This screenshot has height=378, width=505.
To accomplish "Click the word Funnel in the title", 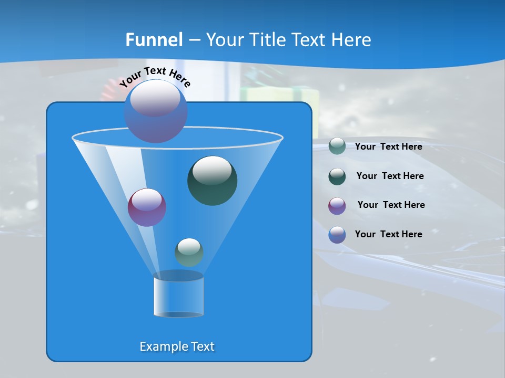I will point(154,40).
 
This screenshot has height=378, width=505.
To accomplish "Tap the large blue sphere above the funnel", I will point(156,111).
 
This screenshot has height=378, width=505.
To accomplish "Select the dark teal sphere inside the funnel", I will point(213,180).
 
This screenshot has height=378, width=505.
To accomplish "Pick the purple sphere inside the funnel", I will point(147,207).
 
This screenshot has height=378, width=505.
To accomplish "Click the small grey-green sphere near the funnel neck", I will point(189,252).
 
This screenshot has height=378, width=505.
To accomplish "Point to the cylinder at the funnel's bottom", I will point(178,295).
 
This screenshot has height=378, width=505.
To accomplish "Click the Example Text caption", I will point(177,346).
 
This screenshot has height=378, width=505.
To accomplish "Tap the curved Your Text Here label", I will point(155,76).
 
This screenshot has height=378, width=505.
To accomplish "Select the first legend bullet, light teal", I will point(337,146).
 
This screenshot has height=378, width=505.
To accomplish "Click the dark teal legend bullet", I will point(337,176).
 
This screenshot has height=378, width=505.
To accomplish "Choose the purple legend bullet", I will point(337,206).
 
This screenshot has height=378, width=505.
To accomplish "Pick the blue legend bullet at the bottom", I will point(337,235).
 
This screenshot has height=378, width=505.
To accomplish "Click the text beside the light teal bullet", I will point(388,146).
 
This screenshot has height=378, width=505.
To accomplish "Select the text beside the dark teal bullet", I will point(390,176).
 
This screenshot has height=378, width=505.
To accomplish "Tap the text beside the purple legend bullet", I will point(391,205).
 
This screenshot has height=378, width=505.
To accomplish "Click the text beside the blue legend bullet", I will point(388,234).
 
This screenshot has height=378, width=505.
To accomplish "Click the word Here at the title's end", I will point(352,40).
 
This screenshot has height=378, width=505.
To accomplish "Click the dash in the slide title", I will point(194,40).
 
